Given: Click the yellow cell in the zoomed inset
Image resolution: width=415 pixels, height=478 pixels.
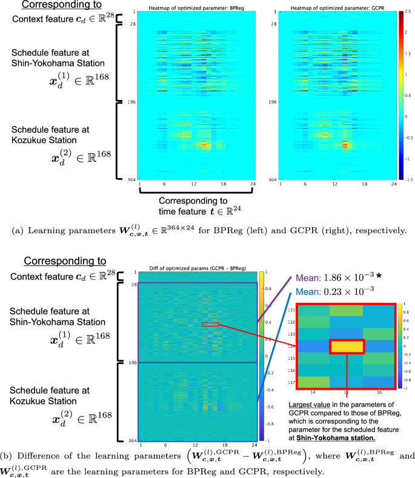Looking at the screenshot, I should (347, 346).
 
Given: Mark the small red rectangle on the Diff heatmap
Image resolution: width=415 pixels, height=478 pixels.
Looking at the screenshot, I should (210, 325).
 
